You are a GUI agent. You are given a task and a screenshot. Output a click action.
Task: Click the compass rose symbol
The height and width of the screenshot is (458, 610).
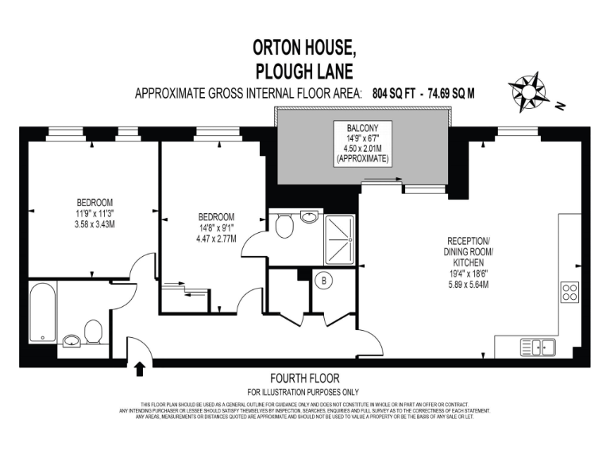[531, 88]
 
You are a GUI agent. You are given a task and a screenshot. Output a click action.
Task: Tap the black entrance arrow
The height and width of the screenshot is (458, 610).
[141, 369]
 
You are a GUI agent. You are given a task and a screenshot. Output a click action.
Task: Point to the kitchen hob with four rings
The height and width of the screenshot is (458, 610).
[569, 292]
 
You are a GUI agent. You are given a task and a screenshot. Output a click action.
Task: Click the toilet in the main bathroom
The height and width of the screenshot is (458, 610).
[93, 332]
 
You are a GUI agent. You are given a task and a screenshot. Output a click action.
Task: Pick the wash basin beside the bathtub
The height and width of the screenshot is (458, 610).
[71, 341]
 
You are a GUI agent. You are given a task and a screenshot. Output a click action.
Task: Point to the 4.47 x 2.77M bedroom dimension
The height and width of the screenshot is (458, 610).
[217, 238]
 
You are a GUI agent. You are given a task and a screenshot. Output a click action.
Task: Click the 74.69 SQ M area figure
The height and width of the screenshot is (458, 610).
[452, 93]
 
